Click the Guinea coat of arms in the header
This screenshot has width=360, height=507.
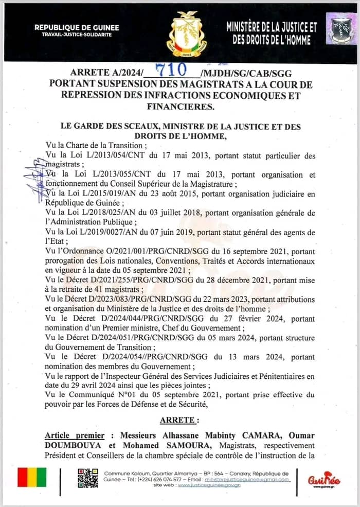(186, 34)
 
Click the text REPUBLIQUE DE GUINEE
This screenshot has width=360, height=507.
(77, 27)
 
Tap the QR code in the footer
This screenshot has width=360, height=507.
(87, 478)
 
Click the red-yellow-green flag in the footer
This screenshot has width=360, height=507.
(32, 477)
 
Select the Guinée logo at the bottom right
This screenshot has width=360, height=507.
(324, 479)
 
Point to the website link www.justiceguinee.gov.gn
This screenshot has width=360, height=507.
(208, 485)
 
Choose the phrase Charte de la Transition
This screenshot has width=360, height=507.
(103, 146)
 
